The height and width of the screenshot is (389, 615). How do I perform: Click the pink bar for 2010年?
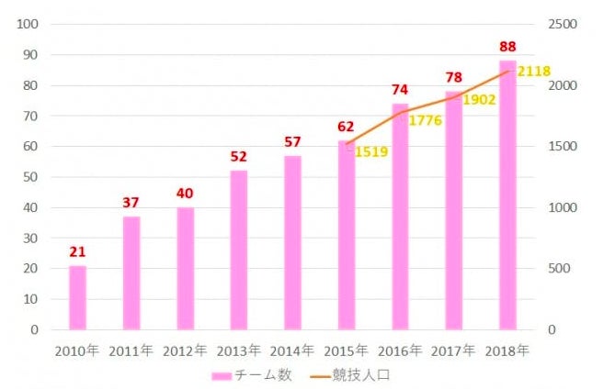pos(77,297)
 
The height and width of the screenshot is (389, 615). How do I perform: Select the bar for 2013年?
pos(239,250)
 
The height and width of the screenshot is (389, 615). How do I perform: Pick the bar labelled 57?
pos(292,242)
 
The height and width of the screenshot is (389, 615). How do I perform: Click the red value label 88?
pos(507,46)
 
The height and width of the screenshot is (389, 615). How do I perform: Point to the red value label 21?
pos(77,251)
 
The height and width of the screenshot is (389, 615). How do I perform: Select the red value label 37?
pos(131,203)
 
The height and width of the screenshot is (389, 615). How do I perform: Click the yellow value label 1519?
pos(371,151)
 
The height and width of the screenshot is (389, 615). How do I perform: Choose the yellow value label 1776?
pos(426,120)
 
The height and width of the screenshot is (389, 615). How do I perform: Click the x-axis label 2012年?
pos(184,350)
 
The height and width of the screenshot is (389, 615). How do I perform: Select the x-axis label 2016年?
pos(399,350)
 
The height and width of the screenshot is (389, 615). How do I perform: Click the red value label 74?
pos(399,89)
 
